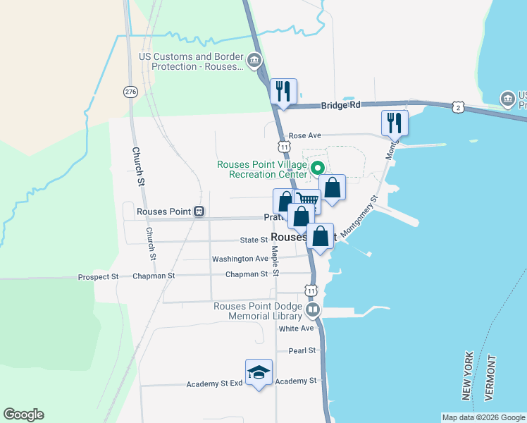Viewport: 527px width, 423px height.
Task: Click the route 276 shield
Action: coord(130,92)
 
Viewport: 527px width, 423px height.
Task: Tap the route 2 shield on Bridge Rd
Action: coord(459,106)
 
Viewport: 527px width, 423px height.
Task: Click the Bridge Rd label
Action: coord(340,105)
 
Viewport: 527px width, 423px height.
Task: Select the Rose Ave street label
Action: coord(304,135)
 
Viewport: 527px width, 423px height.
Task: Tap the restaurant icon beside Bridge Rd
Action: coord(284,92)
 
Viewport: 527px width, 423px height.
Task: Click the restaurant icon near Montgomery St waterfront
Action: coord(394,123)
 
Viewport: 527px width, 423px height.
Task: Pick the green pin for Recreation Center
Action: coord(317,168)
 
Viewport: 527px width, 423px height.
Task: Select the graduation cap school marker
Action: coord(259,372)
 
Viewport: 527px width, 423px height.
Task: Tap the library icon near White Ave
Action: coord(313,309)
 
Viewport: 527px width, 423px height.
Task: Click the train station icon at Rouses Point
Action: coord(199,211)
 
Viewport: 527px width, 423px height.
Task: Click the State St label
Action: coord(254,240)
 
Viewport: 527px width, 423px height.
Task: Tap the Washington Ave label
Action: coord(240,259)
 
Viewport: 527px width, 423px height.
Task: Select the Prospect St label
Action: coord(98,277)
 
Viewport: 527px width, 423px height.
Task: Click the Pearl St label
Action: coord(302,350)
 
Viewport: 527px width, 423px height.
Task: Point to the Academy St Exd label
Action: coord(214,384)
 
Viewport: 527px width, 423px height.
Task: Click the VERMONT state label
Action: coord(490,377)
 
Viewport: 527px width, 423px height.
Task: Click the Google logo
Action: coord(23,415)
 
